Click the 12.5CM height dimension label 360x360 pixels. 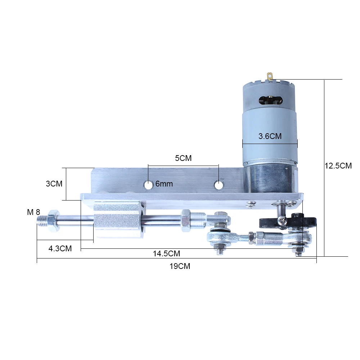click(x=338, y=166)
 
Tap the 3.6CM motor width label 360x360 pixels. click(x=270, y=136)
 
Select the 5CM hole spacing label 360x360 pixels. click(x=183, y=158)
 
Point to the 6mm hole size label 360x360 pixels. click(x=164, y=184)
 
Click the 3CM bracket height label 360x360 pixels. click(x=54, y=184)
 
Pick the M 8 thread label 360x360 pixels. click(x=33, y=212)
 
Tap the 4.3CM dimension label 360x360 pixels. click(x=60, y=248)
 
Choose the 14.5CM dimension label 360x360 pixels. click(x=166, y=253)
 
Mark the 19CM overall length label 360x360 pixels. click(x=180, y=266)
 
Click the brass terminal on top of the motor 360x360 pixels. click(x=270, y=76)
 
